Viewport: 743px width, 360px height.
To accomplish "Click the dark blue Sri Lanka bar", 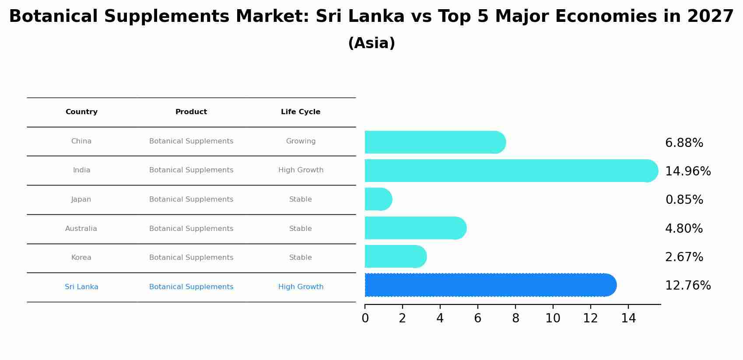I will (x=490, y=285).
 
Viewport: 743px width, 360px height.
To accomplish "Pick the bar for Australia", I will (x=415, y=228).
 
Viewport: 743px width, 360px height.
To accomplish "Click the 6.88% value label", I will (x=684, y=143).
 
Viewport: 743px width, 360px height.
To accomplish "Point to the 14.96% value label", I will (x=687, y=171).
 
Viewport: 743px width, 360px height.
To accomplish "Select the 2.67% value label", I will (x=684, y=257).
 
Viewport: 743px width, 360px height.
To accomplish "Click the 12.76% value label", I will (x=687, y=286).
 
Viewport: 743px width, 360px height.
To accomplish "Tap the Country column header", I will (x=81, y=112).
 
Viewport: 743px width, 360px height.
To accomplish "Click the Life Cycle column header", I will (x=301, y=112).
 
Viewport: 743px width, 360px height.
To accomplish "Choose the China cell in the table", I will (x=81, y=141).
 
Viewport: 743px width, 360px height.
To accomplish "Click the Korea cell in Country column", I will (x=81, y=258).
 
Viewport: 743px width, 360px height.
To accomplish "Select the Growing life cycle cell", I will (x=301, y=141).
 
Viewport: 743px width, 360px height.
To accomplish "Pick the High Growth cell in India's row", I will (x=301, y=170).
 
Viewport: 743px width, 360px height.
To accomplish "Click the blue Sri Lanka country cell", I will (x=81, y=287).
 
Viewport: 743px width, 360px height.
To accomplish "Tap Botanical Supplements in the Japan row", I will (x=191, y=199).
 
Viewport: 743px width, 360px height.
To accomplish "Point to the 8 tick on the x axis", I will (x=515, y=318).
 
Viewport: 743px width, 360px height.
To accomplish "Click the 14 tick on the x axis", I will (x=628, y=318).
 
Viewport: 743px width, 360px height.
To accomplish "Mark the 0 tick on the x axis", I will (x=365, y=318).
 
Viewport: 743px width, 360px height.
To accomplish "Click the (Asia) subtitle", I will (x=371, y=43).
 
